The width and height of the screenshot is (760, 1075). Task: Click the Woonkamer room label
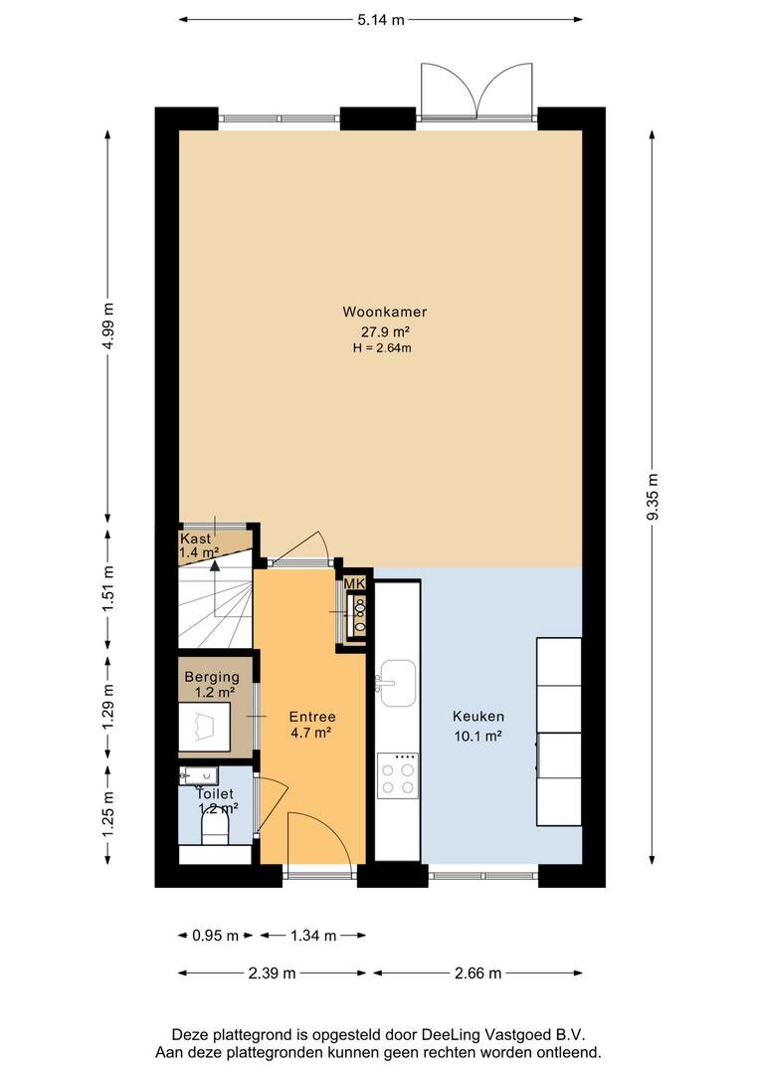tap(384, 312)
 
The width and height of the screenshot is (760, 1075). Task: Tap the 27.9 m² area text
tap(385, 331)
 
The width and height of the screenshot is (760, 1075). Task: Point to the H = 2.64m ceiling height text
tap(382, 347)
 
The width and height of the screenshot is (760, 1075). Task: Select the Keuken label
tap(478, 717)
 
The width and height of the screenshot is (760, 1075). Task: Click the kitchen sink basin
tap(398, 683)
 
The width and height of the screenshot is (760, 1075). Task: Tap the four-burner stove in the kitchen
tap(398, 774)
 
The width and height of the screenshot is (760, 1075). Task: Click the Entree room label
tap(312, 717)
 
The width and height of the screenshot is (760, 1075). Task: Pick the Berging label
tap(212, 678)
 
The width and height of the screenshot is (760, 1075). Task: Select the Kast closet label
tap(195, 538)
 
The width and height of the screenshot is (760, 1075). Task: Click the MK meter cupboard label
tap(354, 583)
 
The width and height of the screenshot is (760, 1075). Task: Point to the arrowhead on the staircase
tap(215, 566)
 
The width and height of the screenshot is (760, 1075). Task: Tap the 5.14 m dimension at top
tap(380, 20)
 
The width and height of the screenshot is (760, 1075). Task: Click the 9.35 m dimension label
tap(653, 497)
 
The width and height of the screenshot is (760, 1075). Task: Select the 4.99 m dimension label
tap(108, 324)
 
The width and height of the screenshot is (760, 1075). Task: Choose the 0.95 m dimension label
tap(215, 935)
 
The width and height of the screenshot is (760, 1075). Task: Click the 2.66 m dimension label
tap(478, 972)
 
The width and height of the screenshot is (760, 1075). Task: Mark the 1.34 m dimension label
tap(313, 935)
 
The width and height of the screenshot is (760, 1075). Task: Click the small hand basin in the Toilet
tap(198, 776)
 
